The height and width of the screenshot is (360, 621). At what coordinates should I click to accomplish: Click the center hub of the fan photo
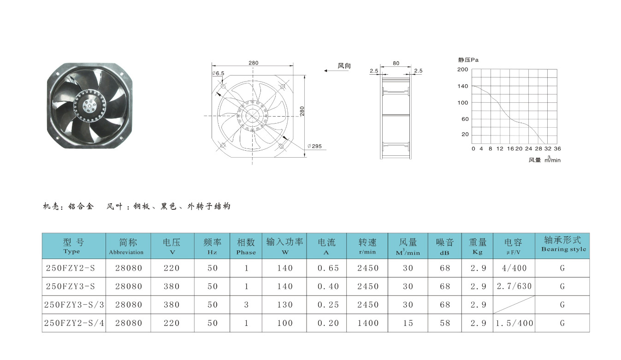coord(89,106)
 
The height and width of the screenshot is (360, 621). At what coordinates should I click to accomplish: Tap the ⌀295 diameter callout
coord(315,146)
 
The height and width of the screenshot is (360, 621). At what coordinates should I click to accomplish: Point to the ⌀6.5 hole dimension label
coord(218,73)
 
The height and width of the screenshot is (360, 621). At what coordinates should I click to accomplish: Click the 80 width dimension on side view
coord(396,63)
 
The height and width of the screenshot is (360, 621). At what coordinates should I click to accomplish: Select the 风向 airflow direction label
coord(344,65)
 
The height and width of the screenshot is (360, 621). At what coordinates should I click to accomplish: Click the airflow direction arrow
coord(336,71)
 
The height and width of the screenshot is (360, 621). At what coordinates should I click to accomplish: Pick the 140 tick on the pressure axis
coord(463,86)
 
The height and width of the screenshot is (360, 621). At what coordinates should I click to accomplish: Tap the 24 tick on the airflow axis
coord(529,148)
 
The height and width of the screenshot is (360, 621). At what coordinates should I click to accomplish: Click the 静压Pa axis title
coord(468,60)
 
